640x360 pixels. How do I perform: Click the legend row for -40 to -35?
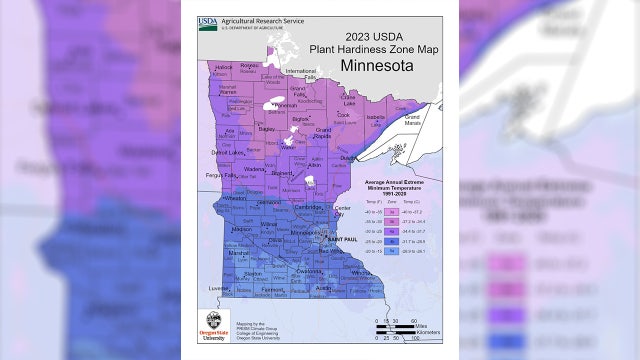(x=383, y=213)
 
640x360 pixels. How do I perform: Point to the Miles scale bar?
(x=391, y=327)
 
